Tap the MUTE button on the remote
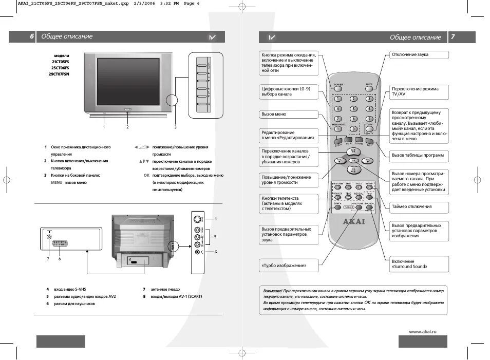pyautogui.click(x=369, y=87)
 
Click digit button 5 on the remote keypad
pyautogui.click(x=353, y=108)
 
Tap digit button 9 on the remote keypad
pyautogui.click(x=369, y=118)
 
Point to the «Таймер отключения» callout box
pyautogui.click(x=418, y=206)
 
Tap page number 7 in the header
pyautogui.click(x=453, y=37)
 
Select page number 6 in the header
pyautogui.click(x=31, y=36)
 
